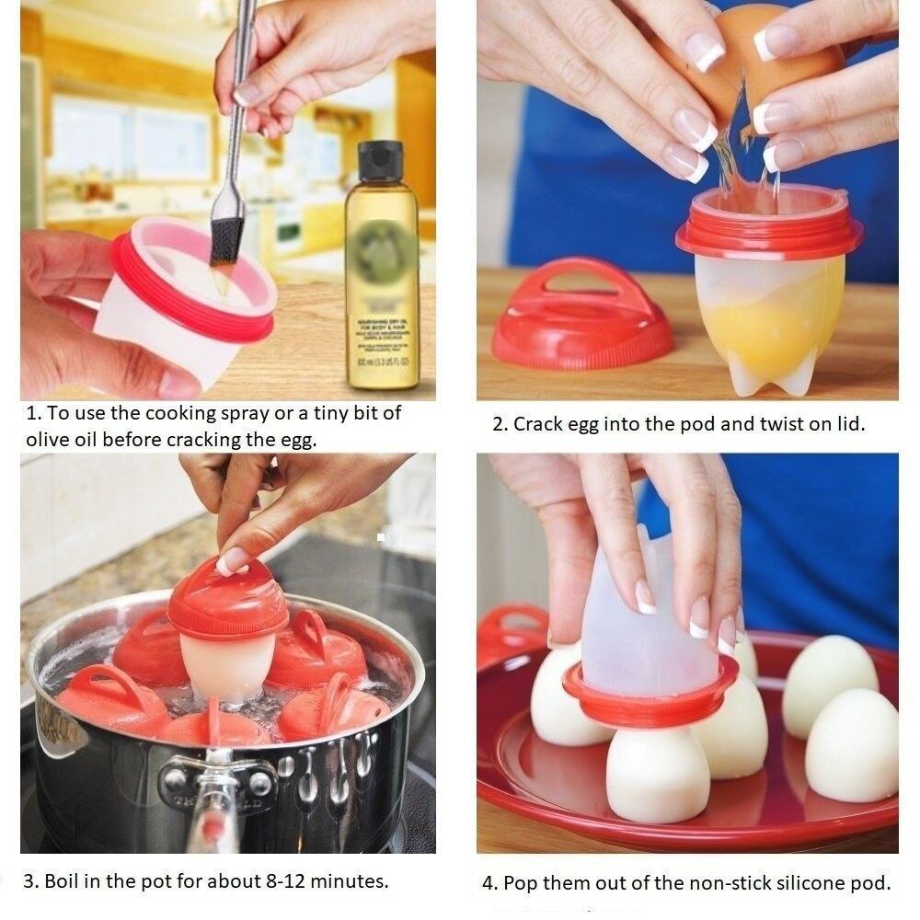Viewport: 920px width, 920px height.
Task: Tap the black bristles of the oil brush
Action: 225,237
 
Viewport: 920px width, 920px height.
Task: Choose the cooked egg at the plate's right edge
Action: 852,745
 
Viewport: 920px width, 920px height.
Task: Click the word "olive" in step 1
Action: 49,440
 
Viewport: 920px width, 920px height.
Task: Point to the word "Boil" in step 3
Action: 61,880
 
